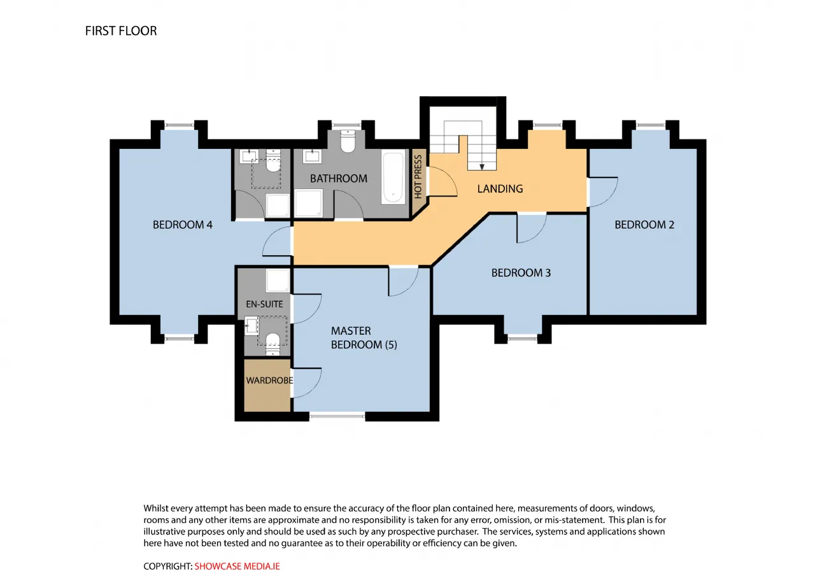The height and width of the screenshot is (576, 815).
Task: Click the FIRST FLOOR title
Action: pyautogui.click(x=121, y=31)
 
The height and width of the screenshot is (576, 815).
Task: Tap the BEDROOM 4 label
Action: pyautogui.click(x=183, y=225)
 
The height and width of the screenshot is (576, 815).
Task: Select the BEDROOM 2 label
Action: pyautogui.click(x=644, y=225)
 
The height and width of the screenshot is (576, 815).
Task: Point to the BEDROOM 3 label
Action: pyautogui.click(x=521, y=273)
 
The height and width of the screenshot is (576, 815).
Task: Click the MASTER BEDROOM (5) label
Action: pyautogui.click(x=364, y=338)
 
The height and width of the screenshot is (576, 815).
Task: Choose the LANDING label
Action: pyautogui.click(x=500, y=189)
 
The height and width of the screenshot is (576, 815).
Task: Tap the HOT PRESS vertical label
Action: pyautogui.click(x=418, y=177)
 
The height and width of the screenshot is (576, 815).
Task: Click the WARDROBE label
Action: pyautogui.click(x=269, y=381)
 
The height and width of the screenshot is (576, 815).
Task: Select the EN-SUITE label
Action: pyautogui.click(x=264, y=304)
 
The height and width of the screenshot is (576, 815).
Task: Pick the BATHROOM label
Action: pyautogui.click(x=339, y=179)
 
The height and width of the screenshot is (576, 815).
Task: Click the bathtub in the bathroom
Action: pyautogui.click(x=393, y=178)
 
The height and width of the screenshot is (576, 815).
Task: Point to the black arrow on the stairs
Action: pyautogui.click(x=482, y=167)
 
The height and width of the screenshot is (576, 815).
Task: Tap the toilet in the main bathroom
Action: pyautogui.click(x=348, y=141)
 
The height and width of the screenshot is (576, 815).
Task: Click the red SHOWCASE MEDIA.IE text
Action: pyautogui.click(x=237, y=566)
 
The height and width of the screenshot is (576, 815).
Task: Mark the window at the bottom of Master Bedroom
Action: pyautogui.click(x=337, y=416)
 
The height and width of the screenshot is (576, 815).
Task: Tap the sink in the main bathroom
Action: pyautogui.click(x=312, y=157)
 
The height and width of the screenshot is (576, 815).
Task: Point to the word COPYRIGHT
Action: pyautogui.click(x=167, y=566)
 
